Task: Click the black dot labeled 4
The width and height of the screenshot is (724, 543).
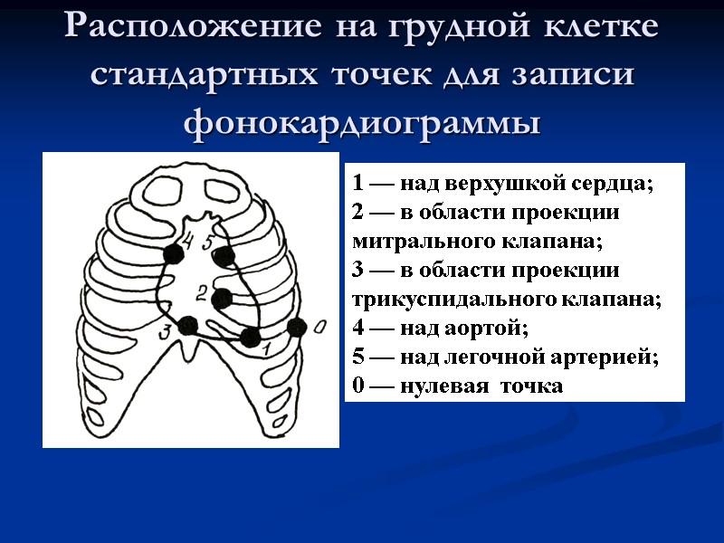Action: pos(172,254)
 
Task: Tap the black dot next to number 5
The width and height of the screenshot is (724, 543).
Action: pos(224,256)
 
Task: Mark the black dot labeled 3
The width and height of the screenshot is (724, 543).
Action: pos(188,326)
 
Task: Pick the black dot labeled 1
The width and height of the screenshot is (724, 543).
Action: pos(250,338)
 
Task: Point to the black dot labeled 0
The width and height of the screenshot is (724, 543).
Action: pos(295,328)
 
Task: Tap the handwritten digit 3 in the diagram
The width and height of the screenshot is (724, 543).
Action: pos(167,332)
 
